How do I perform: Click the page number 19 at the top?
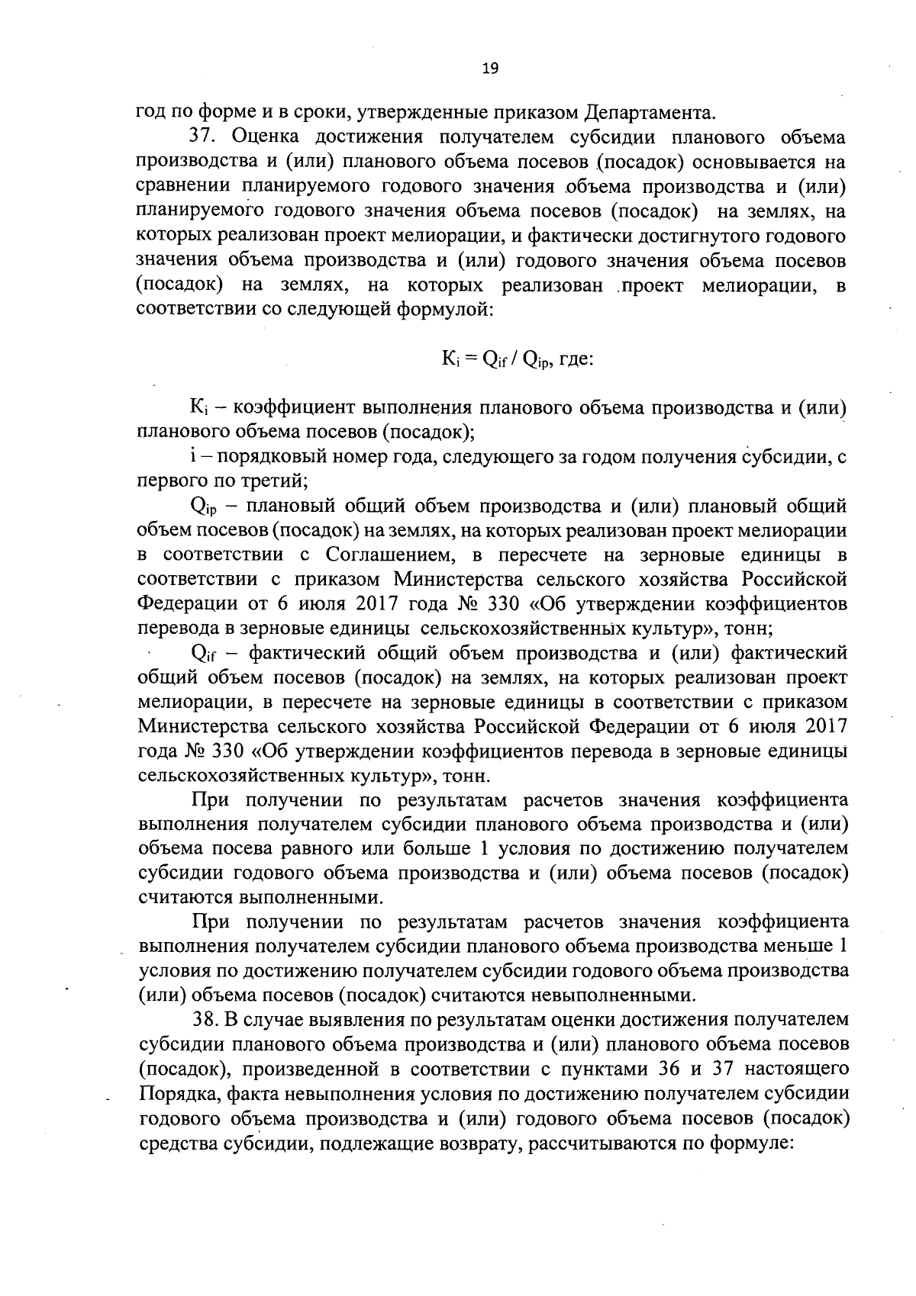click(490, 69)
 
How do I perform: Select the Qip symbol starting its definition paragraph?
click(202, 507)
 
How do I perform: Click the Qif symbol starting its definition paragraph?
click(202, 654)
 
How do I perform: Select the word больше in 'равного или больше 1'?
click(441, 848)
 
